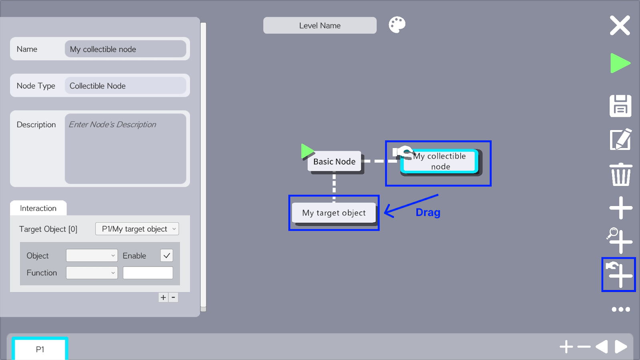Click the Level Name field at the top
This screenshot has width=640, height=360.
(x=320, y=26)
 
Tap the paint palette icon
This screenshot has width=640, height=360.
(x=397, y=24)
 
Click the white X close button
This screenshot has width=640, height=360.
(x=620, y=26)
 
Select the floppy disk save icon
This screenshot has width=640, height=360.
(x=620, y=106)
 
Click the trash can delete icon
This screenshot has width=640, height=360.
(x=620, y=174)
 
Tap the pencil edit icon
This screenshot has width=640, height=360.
(x=620, y=140)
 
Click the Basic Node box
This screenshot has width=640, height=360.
(x=334, y=162)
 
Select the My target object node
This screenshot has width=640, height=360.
(x=334, y=213)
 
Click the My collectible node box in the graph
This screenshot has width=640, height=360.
(x=440, y=162)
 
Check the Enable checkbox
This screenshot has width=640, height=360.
(x=166, y=256)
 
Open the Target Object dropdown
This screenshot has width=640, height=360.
(x=137, y=229)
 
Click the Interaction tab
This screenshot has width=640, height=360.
(x=38, y=208)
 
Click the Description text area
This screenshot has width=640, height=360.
(x=126, y=148)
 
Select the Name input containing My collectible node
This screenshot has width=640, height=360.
(x=126, y=49)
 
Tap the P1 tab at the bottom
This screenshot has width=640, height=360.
(x=40, y=349)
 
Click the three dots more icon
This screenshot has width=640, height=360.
(x=620, y=309)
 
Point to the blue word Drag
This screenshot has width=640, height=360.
(x=428, y=212)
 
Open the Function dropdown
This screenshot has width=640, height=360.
(x=92, y=272)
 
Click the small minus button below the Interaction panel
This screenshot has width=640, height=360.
(x=173, y=298)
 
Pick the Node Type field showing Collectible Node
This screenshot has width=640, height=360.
(x=126, y=86)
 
